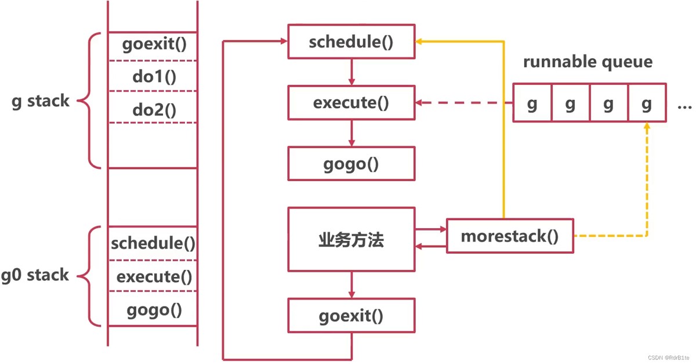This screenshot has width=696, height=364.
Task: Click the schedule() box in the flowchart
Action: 351,41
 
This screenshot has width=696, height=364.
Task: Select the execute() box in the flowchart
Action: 351,103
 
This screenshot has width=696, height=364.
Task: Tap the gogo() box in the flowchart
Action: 351,164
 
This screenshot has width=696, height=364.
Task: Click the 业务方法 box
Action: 351,240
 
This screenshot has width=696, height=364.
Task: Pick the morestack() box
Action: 510,236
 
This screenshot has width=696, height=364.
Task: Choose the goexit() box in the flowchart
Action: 351,315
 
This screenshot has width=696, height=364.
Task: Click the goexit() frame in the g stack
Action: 153,46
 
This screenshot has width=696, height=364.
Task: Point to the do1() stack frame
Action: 153,76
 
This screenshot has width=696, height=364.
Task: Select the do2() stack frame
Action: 153,107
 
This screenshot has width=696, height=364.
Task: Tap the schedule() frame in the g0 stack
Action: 153,243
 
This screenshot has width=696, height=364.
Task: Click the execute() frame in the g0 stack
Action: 153,276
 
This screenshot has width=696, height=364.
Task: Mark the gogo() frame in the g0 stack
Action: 153,309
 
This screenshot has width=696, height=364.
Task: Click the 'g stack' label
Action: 41,101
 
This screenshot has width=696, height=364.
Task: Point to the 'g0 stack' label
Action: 35,275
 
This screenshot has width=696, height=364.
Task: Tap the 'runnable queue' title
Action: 588,62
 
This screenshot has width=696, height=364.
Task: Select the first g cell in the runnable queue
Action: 532,103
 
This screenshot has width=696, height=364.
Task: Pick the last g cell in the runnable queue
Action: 647,103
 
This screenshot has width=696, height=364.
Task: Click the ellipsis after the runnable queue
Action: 684,107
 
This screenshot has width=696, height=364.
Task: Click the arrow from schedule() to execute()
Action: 351,72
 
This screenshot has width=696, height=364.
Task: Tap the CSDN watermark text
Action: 668,358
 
